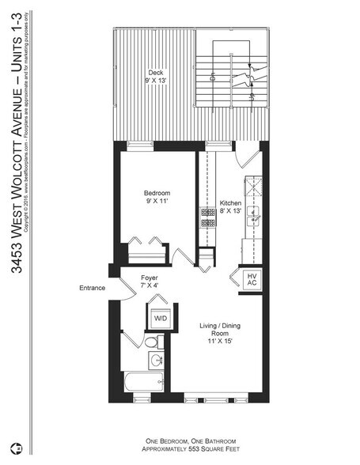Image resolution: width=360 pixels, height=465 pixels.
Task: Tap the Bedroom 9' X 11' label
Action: coord(157,198)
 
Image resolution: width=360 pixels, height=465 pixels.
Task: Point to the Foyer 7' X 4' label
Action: coord(149,282)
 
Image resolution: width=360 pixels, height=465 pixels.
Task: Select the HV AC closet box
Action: coord(252,279)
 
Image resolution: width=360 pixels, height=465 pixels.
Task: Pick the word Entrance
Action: coord(92,288)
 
